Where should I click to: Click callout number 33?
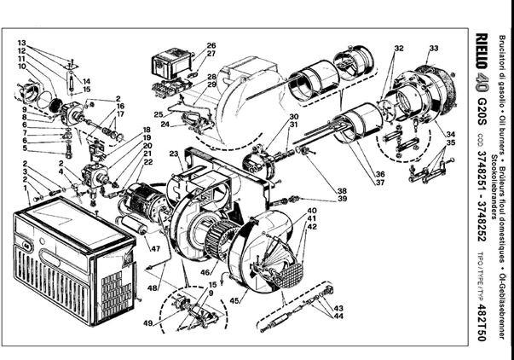pos(434,48)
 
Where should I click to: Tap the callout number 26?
pos(211,45)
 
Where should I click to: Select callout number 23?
pos(174,154)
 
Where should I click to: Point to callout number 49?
pos(147,323)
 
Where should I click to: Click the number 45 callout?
pos(234,300)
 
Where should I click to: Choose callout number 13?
pos(21,42)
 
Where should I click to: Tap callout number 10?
pos(21,66)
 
